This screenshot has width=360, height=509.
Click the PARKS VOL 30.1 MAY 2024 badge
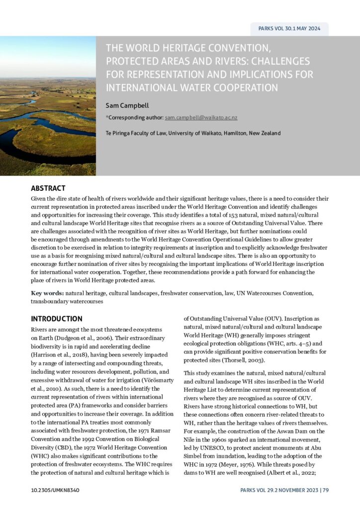tap(289, 28)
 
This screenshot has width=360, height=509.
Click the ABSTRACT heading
tap(48, 188)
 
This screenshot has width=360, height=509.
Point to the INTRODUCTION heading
tap(57, 319)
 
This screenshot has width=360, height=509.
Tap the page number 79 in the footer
tap(325, 491)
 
